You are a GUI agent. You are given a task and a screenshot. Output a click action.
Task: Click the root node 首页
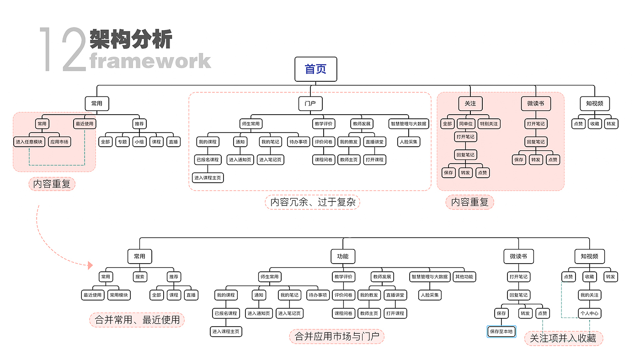315,69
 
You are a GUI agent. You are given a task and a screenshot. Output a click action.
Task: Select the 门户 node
310,104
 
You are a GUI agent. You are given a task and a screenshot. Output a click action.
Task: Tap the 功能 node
342,256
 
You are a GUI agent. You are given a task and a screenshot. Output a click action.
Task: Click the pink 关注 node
470,104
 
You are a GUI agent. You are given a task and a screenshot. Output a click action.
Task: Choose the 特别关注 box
489,124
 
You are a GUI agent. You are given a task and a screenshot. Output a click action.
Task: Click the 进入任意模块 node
29,142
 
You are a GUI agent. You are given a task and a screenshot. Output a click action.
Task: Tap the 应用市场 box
59,142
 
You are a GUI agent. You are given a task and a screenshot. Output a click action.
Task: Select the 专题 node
122,142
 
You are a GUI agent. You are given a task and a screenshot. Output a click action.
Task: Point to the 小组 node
139,142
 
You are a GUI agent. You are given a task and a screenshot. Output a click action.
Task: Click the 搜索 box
140,276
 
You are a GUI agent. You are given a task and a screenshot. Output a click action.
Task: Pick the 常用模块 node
119,295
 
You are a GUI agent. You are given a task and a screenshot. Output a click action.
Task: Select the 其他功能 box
464,276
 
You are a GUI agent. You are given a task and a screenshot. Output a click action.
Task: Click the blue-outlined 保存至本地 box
501,332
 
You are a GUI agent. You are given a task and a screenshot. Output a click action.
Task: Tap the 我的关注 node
589,295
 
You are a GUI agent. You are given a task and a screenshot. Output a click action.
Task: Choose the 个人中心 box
589,313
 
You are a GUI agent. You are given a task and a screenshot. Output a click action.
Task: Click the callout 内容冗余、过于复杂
313,201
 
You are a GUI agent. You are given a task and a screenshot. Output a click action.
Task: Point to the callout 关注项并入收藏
563,339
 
